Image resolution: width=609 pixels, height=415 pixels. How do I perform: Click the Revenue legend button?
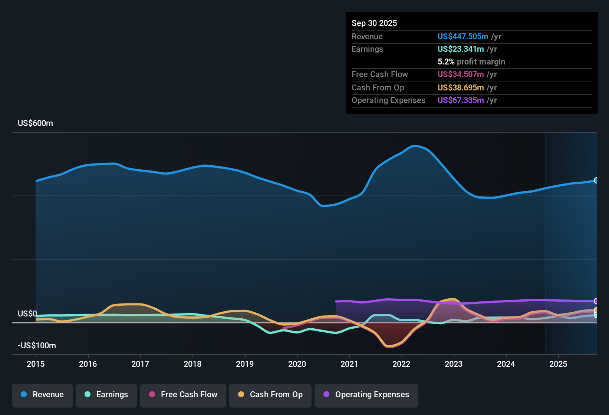coord(42,395)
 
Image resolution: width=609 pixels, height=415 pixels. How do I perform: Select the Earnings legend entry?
coord(106,395)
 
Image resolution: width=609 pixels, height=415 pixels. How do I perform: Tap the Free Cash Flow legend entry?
coord(183,395)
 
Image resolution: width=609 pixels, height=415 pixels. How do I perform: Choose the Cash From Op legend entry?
coord(270,395)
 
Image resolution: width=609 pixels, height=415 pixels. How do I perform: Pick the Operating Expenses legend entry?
coord(366,395)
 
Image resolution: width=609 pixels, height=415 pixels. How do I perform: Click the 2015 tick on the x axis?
coord(36,364)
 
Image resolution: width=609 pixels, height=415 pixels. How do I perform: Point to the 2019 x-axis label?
coord(245,364)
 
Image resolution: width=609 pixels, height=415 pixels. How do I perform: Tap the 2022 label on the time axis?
coord(401,364)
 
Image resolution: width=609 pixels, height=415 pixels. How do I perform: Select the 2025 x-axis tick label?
coord(558,364)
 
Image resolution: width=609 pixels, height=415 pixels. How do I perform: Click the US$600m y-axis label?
coord(36,123)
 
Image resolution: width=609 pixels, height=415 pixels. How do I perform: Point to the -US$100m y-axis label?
coord(37,346)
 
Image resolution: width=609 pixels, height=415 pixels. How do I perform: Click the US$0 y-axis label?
coord(27,314)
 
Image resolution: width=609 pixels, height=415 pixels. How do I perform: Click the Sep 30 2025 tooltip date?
coord(374,23)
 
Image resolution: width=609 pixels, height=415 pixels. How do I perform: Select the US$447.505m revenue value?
coord(463,37)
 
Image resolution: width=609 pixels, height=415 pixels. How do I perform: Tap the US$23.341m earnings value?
coord(461,49)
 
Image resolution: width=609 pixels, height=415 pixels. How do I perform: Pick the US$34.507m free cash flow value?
coord(461,74)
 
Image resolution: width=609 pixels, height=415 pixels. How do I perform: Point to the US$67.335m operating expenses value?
coord(461,100)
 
